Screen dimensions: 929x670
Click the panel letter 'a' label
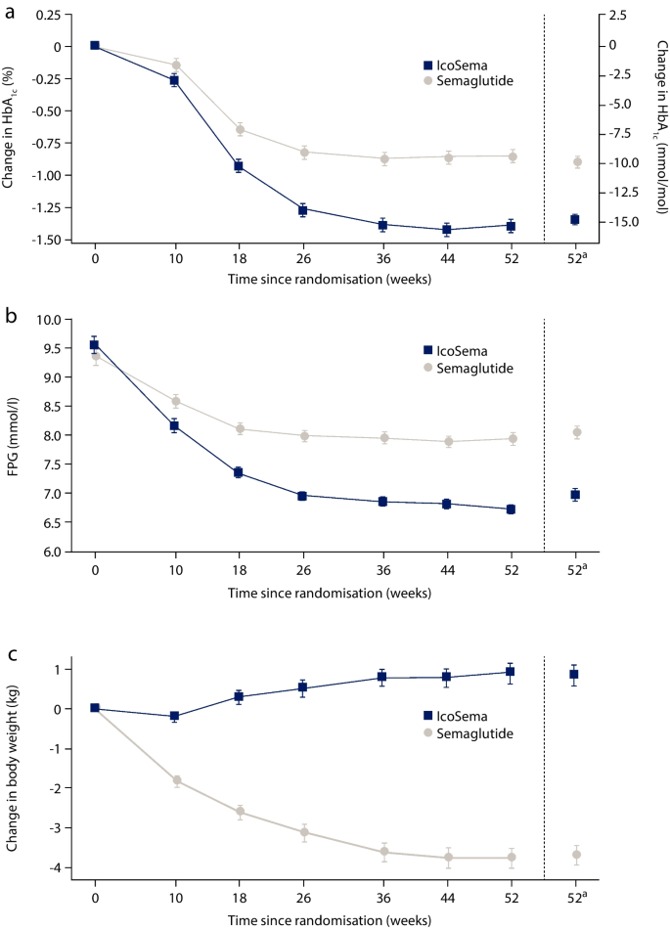pos(11,12)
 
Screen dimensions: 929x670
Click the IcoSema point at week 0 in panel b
pos(95,345)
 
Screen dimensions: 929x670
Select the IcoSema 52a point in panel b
pos(576,495)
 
